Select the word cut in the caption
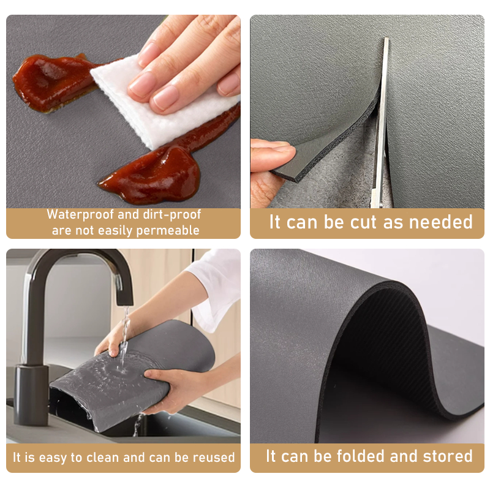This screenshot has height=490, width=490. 363,222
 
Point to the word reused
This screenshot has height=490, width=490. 213,457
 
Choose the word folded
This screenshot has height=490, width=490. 361,456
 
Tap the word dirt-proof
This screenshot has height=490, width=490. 171,215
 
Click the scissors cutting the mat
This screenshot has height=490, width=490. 380,125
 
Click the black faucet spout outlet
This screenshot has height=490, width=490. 124,301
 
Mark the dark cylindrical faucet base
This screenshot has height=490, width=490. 31,394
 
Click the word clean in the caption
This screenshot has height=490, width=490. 104,457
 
